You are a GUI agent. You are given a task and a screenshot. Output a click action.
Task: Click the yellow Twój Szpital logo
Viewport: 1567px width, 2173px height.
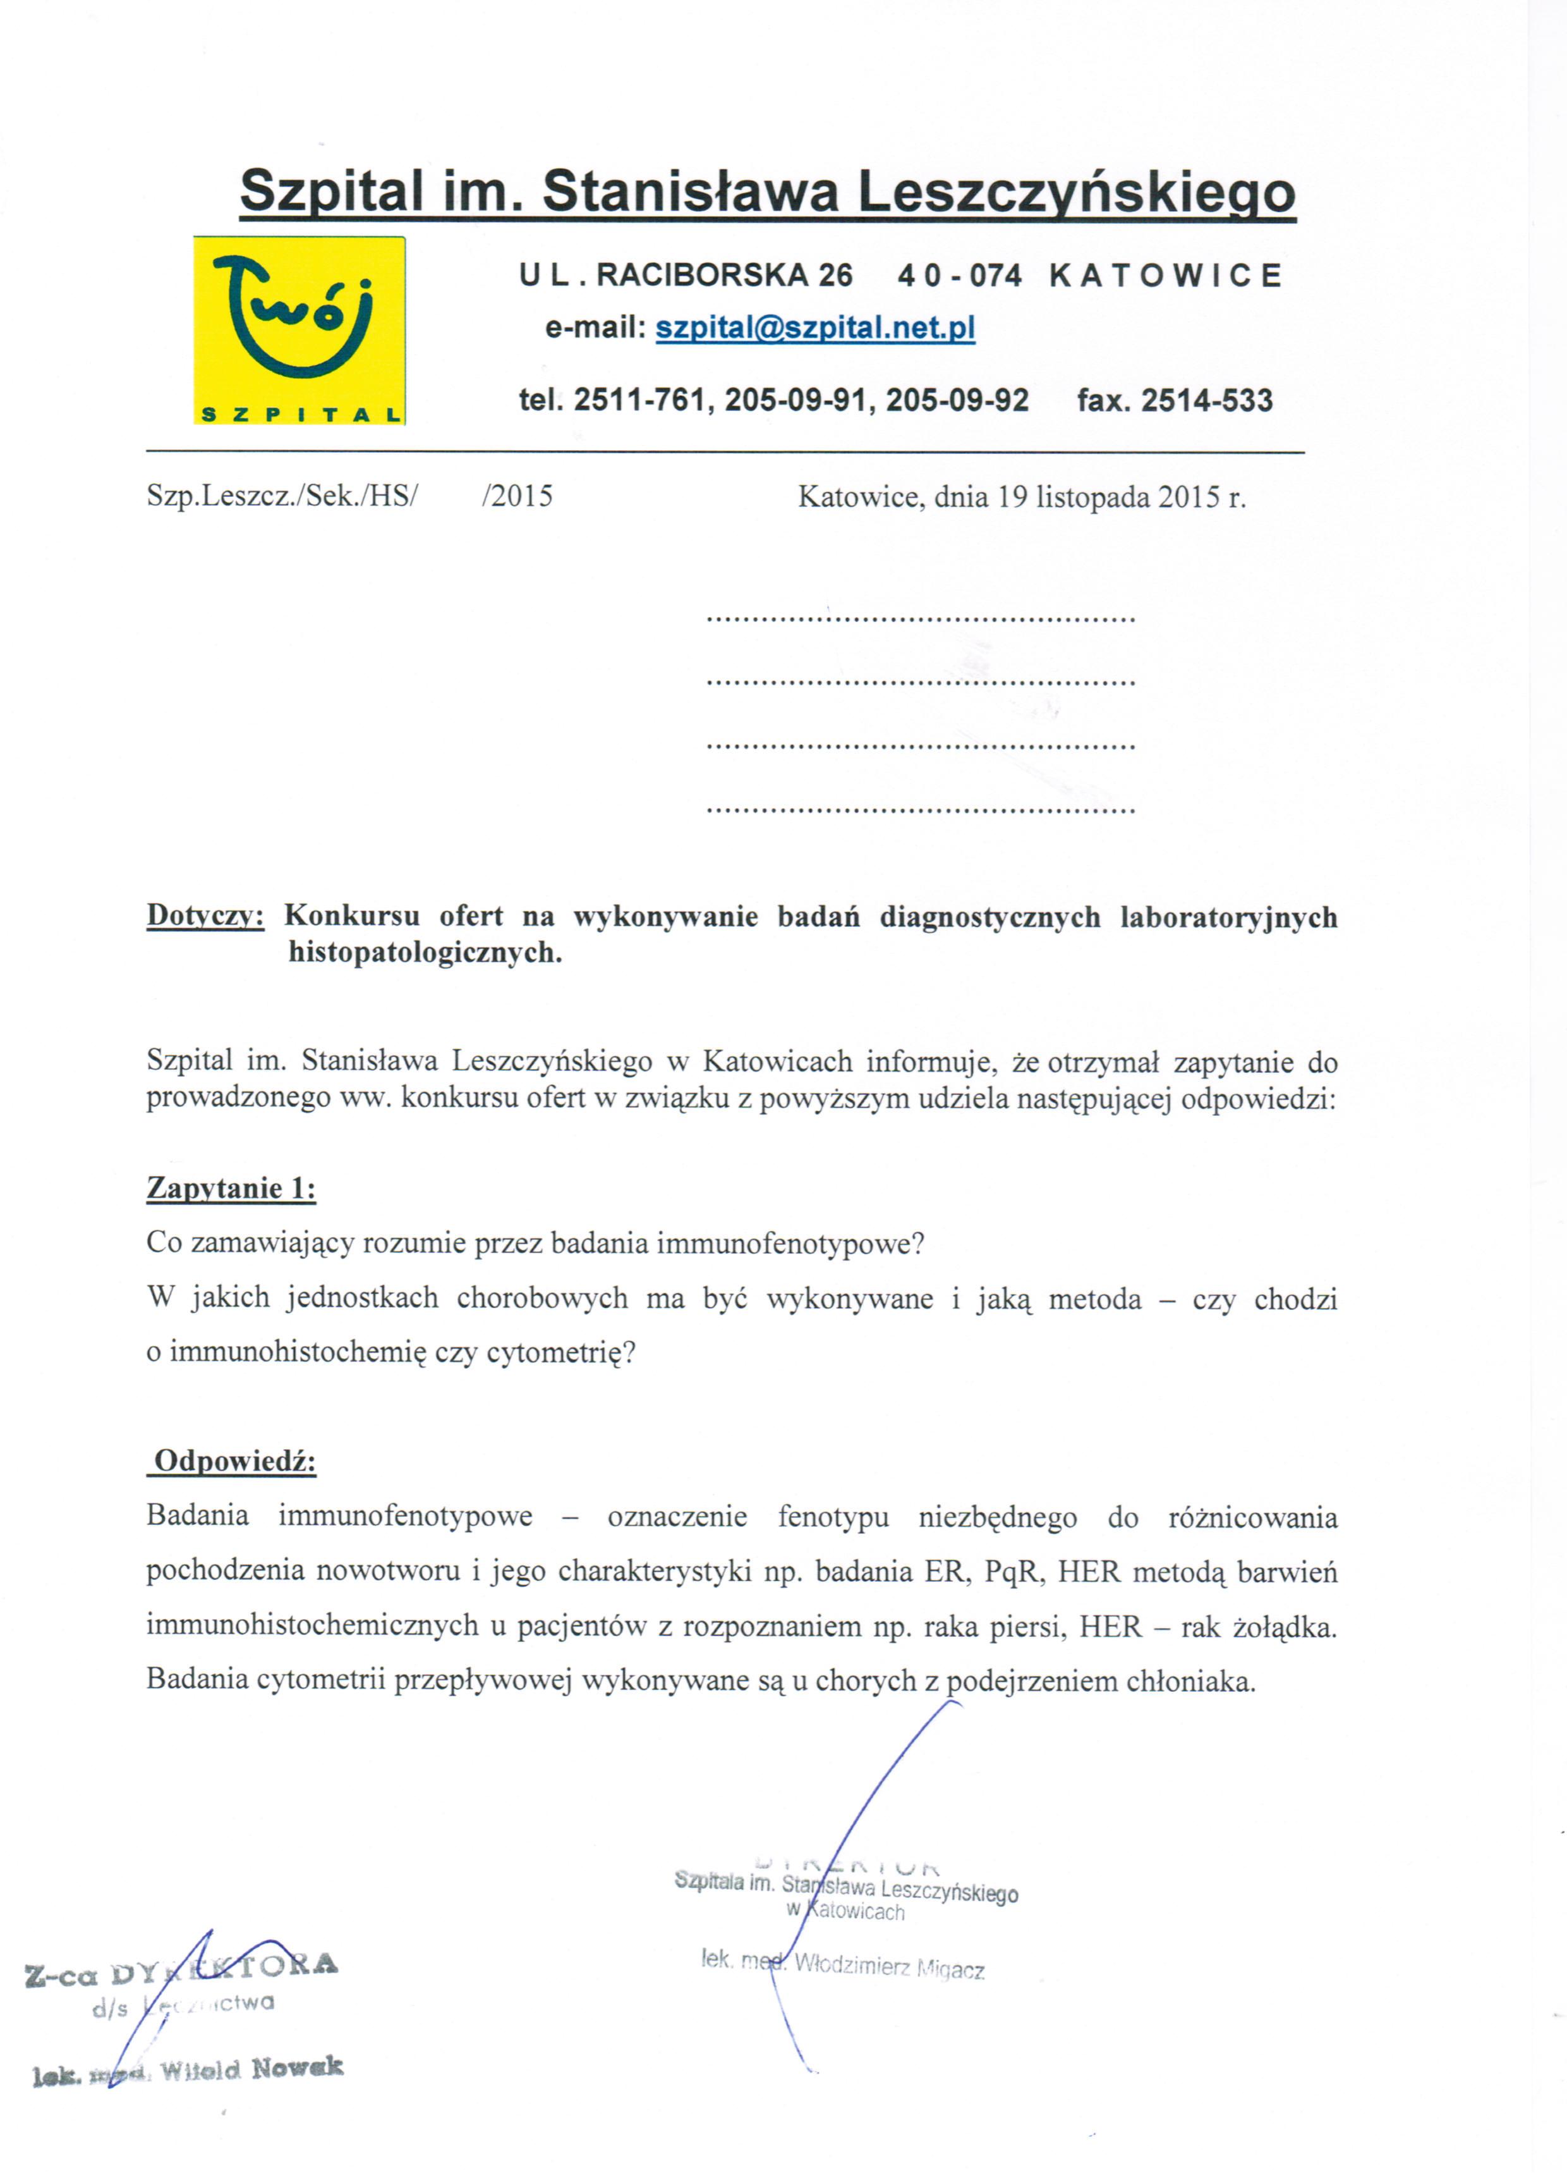pos(299,331)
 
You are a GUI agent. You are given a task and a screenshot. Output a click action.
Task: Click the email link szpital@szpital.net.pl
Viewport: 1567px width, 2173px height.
pos(814,329)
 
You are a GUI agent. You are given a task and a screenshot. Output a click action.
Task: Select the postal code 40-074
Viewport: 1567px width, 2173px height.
pos(960,276)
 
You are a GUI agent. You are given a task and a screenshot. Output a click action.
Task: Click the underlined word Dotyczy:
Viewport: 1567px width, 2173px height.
pos(205,916)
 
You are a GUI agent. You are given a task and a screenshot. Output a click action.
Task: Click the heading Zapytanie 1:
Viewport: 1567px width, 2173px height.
pos(231,1189)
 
